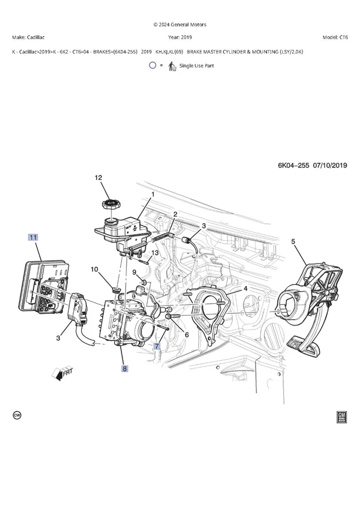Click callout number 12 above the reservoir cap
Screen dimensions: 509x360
click(x=98, y=178)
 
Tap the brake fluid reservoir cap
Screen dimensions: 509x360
click(x=109, y=204)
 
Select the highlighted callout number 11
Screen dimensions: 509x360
click(x=33, y=238)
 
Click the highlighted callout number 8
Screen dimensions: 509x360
click(x=125, y=367)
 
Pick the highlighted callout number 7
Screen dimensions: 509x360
click(x=156, y=346)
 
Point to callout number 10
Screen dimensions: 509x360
click(x=94, y=269)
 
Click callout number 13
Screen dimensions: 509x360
click(x=155, y=253)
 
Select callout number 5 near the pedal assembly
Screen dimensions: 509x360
click(x=293, y=241)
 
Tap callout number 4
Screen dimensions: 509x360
click(x=245, y=288)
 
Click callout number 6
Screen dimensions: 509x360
click(x=186, y=335)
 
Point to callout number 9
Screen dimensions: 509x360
click(x=135, y=272)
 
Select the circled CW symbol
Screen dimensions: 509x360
click(x=17, y=415)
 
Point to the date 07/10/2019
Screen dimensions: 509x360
click(x=330, y=165)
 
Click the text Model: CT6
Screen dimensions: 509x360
click(x=335, y=38)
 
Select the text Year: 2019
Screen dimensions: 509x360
click(x=180, y=38)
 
